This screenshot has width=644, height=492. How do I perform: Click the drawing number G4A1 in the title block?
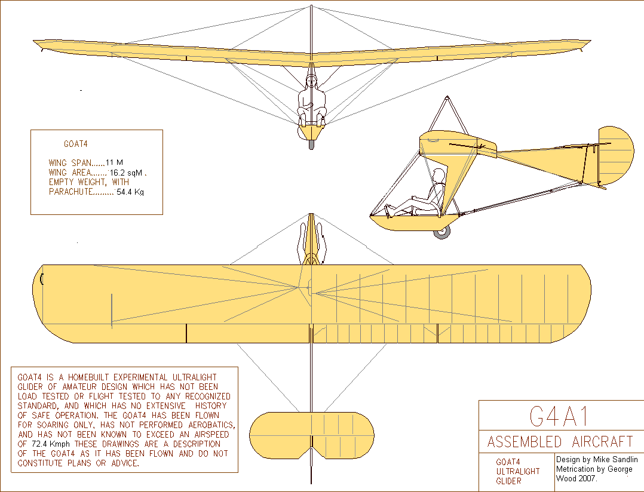[x=559, y=416]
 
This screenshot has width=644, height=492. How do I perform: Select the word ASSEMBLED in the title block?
[x=524, y=441]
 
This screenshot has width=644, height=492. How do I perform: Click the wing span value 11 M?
[x=114, y=162]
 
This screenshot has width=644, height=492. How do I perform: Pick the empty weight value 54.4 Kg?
[x=130, y=192]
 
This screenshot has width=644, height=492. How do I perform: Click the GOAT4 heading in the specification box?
[x=75, y=144]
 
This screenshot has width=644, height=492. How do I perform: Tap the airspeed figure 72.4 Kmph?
[x=51, y=444]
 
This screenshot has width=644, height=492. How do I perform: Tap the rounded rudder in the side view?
[x=615, y=155]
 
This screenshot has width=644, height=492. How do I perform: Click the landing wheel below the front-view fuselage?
[x=311, y=144]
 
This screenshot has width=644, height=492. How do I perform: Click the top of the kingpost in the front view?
[x=311, y=6]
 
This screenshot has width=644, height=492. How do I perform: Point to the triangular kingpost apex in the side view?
[x=447, y=98]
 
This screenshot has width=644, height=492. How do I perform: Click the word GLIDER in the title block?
[x=508, y=481]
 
